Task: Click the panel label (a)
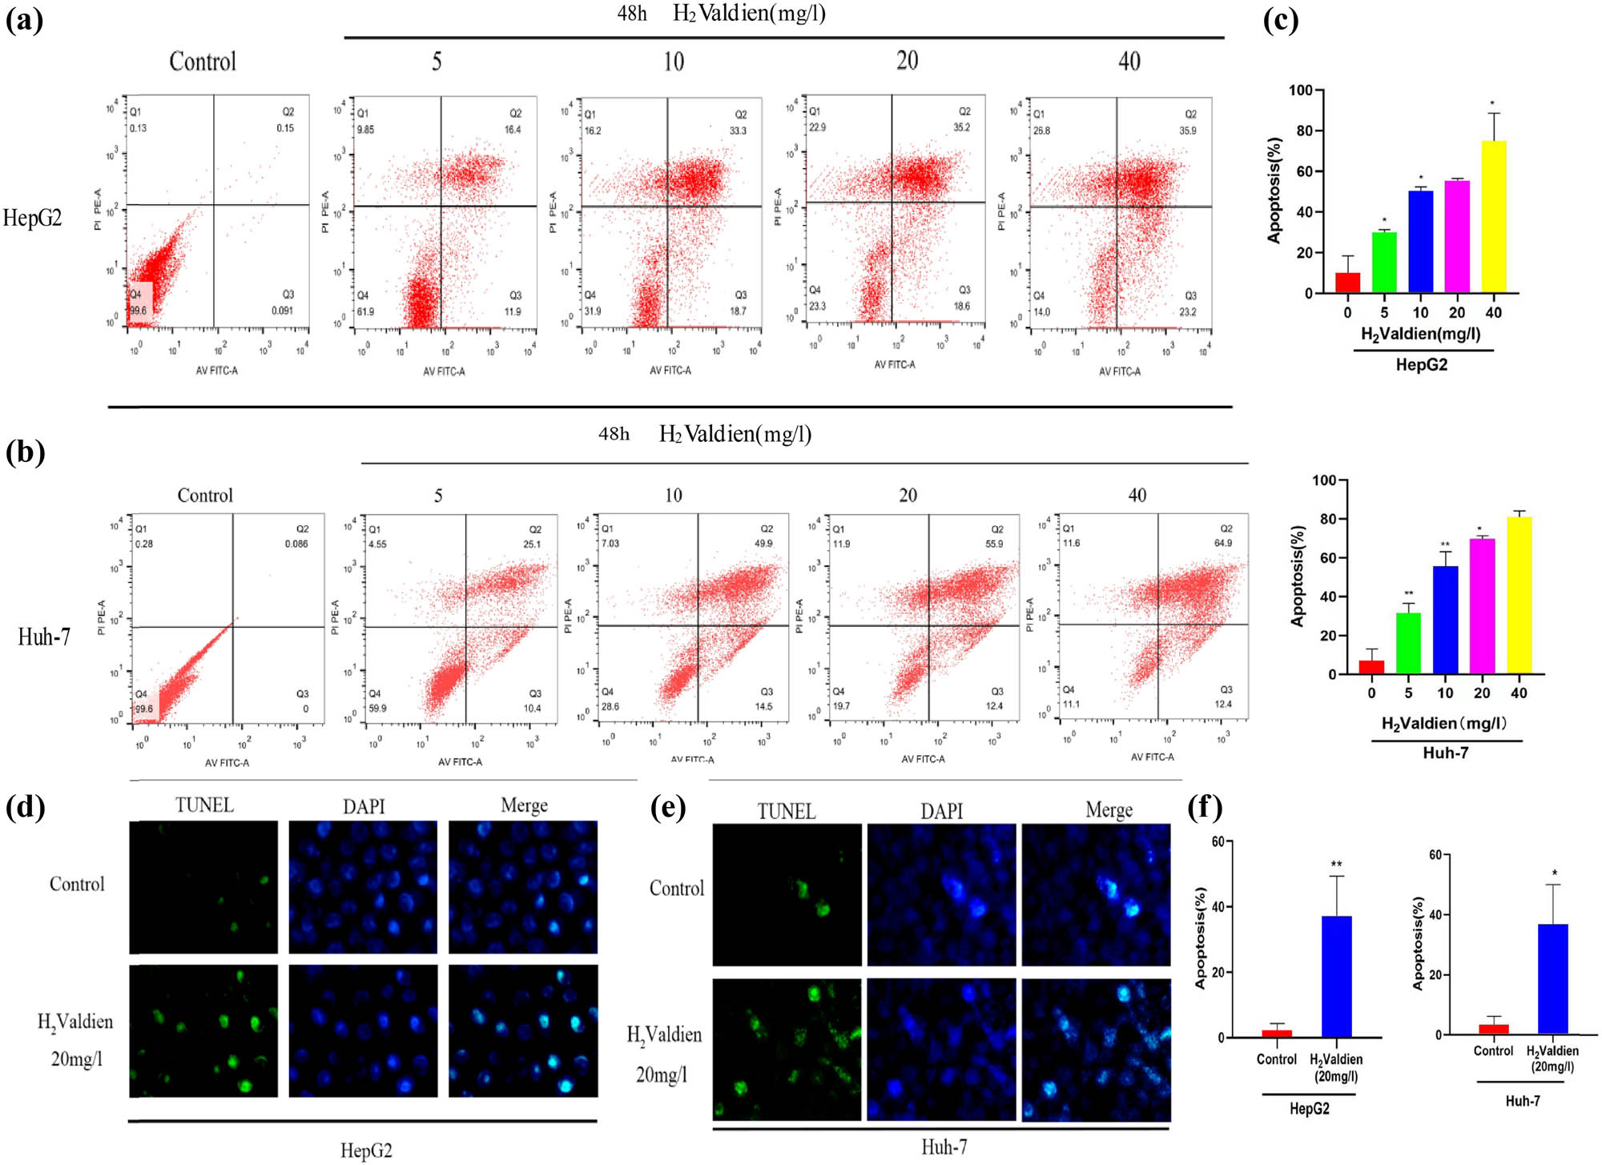tap(24, 19)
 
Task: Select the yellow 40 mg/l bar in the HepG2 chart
tap(1493, 216)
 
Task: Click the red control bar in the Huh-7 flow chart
tap(1371, 666)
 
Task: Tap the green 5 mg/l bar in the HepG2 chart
tap(1383, 263)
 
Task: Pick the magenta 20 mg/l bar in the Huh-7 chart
tap(1482, 605)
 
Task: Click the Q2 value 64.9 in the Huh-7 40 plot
tap(1223, 543)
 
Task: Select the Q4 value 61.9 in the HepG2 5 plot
tap(365, 311)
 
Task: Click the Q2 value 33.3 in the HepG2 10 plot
tap(738, 131)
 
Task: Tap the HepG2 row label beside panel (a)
tap(32, 218)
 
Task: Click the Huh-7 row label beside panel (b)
tap(44, 637)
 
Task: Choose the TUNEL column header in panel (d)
tap(204, 805)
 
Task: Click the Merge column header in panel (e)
tap(1109, 810)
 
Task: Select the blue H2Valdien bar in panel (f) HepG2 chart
tap(1336, 976)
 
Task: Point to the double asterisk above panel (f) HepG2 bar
tap(1336, 865)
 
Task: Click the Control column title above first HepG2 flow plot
tap(203, 62)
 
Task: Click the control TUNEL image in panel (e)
tap(787, 894)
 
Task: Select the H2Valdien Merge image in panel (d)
tap(522, 1030)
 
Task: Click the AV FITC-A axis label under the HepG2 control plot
tap(216, 371)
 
